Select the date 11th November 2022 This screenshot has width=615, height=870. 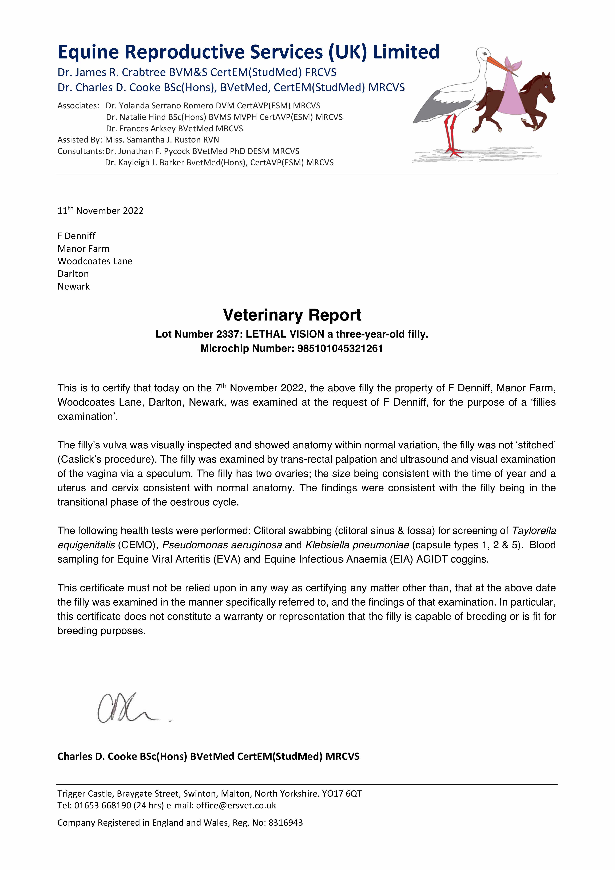coord(100,211)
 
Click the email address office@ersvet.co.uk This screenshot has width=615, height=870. coord(236,805)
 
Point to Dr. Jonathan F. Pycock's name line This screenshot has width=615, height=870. coord(202,151)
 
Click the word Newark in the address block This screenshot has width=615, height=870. coord(74,286)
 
